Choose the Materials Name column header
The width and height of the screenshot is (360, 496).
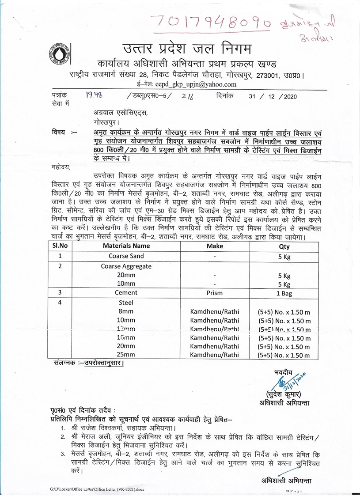pyautogui.click(x=126, y=246)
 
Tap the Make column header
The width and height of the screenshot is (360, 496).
pyautogui.click(x=215, y=246)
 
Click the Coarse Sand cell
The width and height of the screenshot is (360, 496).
pyautogui.click(x=126, y=256)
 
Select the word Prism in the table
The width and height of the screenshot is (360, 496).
pyautogui.click(x=215, y=293)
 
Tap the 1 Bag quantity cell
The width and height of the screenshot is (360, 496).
pyautogui.click(x=284, y=293)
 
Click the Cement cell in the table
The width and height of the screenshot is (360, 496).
pyautogui.click(x=126, y=293)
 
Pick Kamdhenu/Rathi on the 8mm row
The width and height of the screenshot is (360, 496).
pyautogui.click(x=215, y=311)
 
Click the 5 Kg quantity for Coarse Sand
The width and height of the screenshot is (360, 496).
pyautogui.click(x=284, y=256)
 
